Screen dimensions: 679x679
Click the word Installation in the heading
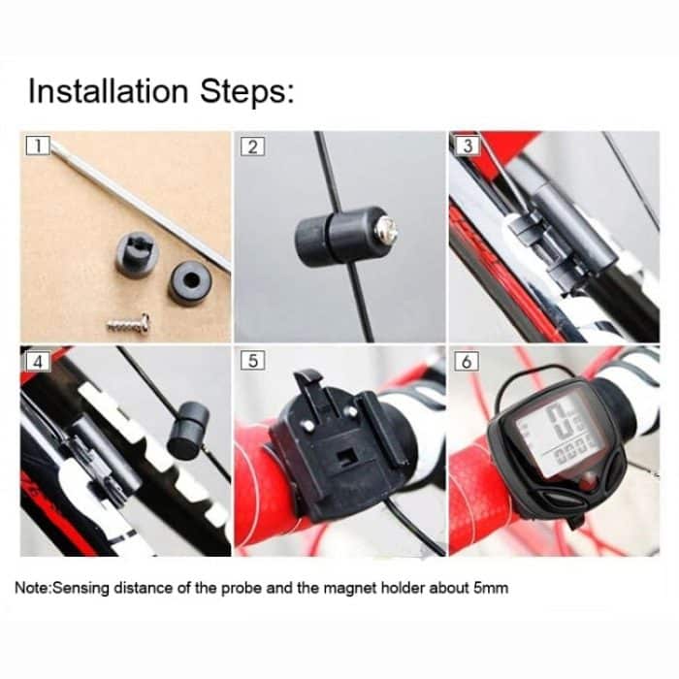click(x=109, y=91)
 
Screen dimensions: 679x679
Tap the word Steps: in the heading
click(x=246, y=92)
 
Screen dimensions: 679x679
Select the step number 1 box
click(x=38, y=145)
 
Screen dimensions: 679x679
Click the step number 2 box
click(x=252, y=146)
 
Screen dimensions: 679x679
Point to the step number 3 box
click(x=468, y=145)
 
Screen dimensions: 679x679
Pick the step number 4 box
click(x=38, y=362)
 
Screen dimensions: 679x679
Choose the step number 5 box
click(x=252, y=361)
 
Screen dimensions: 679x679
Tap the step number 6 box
click(x=467, y=361)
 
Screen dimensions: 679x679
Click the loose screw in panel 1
click(x=129, y=324)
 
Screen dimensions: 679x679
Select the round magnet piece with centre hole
click(x=190, y=283)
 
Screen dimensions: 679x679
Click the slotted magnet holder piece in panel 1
click(x=137, y=254)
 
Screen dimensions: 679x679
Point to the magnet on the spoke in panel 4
click(x=187, y=429)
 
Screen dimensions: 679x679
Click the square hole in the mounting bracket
click(x=347, y=457)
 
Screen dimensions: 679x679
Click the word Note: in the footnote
click(x=33, y=588)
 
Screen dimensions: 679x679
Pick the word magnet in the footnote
click(x=350, y=589)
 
